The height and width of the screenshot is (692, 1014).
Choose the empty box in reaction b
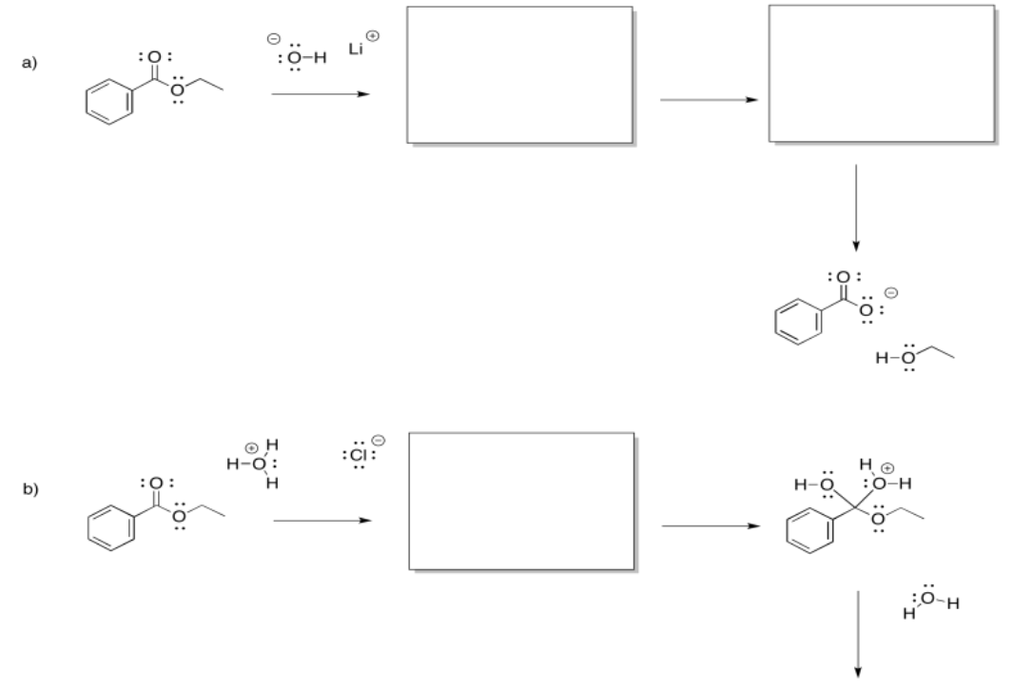(520, 501)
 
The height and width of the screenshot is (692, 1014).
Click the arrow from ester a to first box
(318, 94)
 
